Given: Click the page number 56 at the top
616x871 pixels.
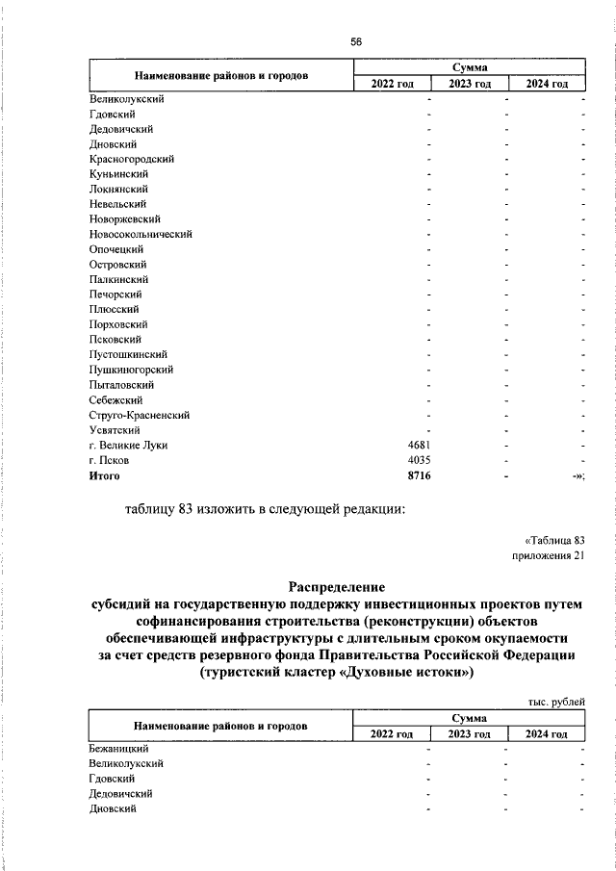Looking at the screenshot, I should (x=355, y=41).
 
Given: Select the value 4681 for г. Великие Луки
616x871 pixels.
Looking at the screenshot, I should (x=424, y=445).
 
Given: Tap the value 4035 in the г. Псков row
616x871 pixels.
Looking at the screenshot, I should (x=424, y=460).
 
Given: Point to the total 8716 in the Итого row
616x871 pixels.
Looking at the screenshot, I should (x=424, y=474).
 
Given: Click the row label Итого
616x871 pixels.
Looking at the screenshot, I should (x=104, y=474).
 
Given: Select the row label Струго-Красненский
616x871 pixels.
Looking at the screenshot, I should (x=139, y=415).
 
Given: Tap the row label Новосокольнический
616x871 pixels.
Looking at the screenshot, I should (x=141, y=234).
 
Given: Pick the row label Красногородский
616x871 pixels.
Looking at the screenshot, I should (x=132, y=159).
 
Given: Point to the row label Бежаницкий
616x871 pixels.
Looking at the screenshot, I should (x=118, y=748).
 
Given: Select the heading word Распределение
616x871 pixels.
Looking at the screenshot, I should (x=337, y=585).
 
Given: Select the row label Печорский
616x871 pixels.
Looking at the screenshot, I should (x=115, y=295).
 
